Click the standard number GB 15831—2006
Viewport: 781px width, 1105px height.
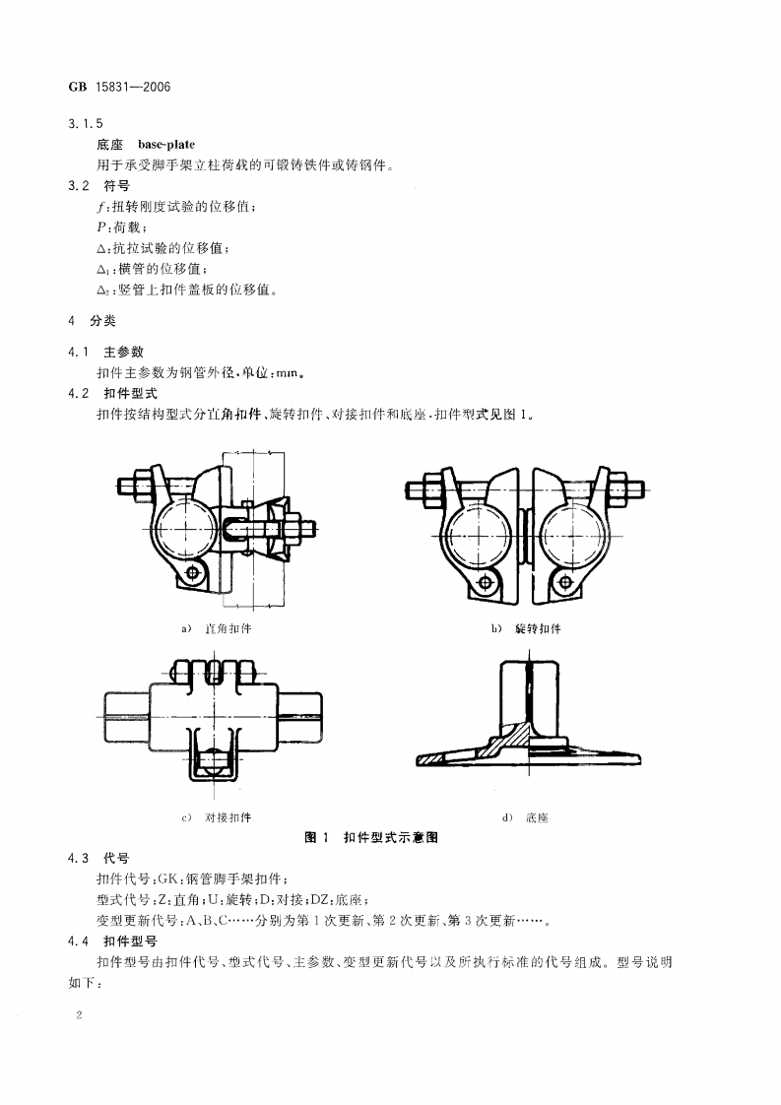[119, 86]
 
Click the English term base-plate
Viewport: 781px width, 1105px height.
[173, 144]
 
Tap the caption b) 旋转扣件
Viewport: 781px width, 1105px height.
[525, 628]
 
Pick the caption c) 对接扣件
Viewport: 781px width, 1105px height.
[217, 817]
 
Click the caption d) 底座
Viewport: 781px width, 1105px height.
[525, 817]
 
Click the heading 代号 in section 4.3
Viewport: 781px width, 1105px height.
[117, 858]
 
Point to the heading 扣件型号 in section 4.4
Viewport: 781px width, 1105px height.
[131, 941]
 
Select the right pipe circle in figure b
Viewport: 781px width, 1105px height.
[568, 536]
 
